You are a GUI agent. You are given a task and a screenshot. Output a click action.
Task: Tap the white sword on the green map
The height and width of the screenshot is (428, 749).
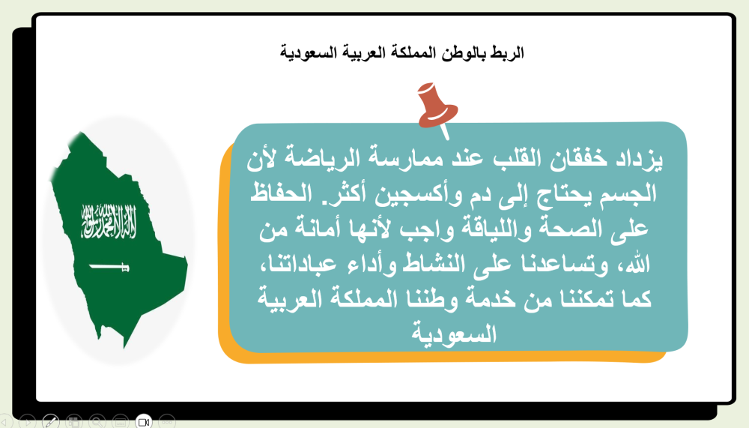(x=109, y=266)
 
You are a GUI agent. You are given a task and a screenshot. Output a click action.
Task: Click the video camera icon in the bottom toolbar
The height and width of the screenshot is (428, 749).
(x=144, y=421)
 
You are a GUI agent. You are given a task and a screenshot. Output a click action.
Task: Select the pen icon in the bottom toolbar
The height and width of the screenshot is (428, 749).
(x=51, y=421)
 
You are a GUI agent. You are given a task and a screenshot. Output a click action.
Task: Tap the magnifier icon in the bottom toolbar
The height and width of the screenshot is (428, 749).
(x=97, y=421)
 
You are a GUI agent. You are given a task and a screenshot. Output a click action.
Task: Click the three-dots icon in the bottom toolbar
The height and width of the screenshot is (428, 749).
(x=167, y=421)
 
